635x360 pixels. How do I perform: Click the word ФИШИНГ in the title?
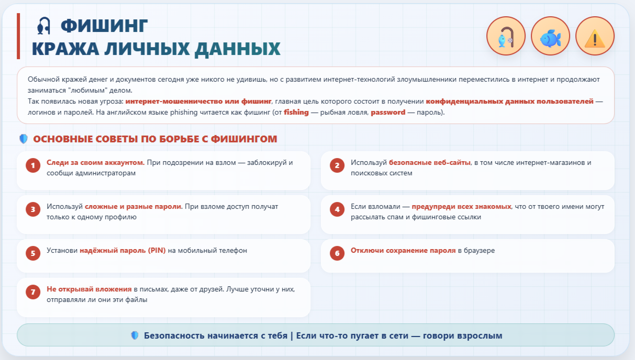click(104, 26)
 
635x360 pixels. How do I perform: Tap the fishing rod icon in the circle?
click(506, 36)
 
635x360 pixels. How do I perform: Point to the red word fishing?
click(296, 112)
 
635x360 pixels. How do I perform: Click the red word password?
click(388, 112)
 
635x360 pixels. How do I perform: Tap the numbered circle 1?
click(33, 165)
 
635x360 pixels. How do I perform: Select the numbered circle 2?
click(337, 165)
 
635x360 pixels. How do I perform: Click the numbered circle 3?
click(33, 209)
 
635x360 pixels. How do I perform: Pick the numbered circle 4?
click(337, 209)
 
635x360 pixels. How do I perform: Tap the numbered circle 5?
click(33, 253)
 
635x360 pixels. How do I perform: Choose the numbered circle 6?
click(337, 253)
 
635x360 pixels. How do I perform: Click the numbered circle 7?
click(33, 292)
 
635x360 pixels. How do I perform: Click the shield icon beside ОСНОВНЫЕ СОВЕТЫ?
click(24, 139)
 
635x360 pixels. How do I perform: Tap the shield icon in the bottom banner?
click(135, 335)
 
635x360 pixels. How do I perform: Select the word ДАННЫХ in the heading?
click(238, 49)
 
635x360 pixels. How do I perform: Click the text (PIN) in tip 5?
click(157, 251)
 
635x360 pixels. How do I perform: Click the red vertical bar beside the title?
click(18, 36)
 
